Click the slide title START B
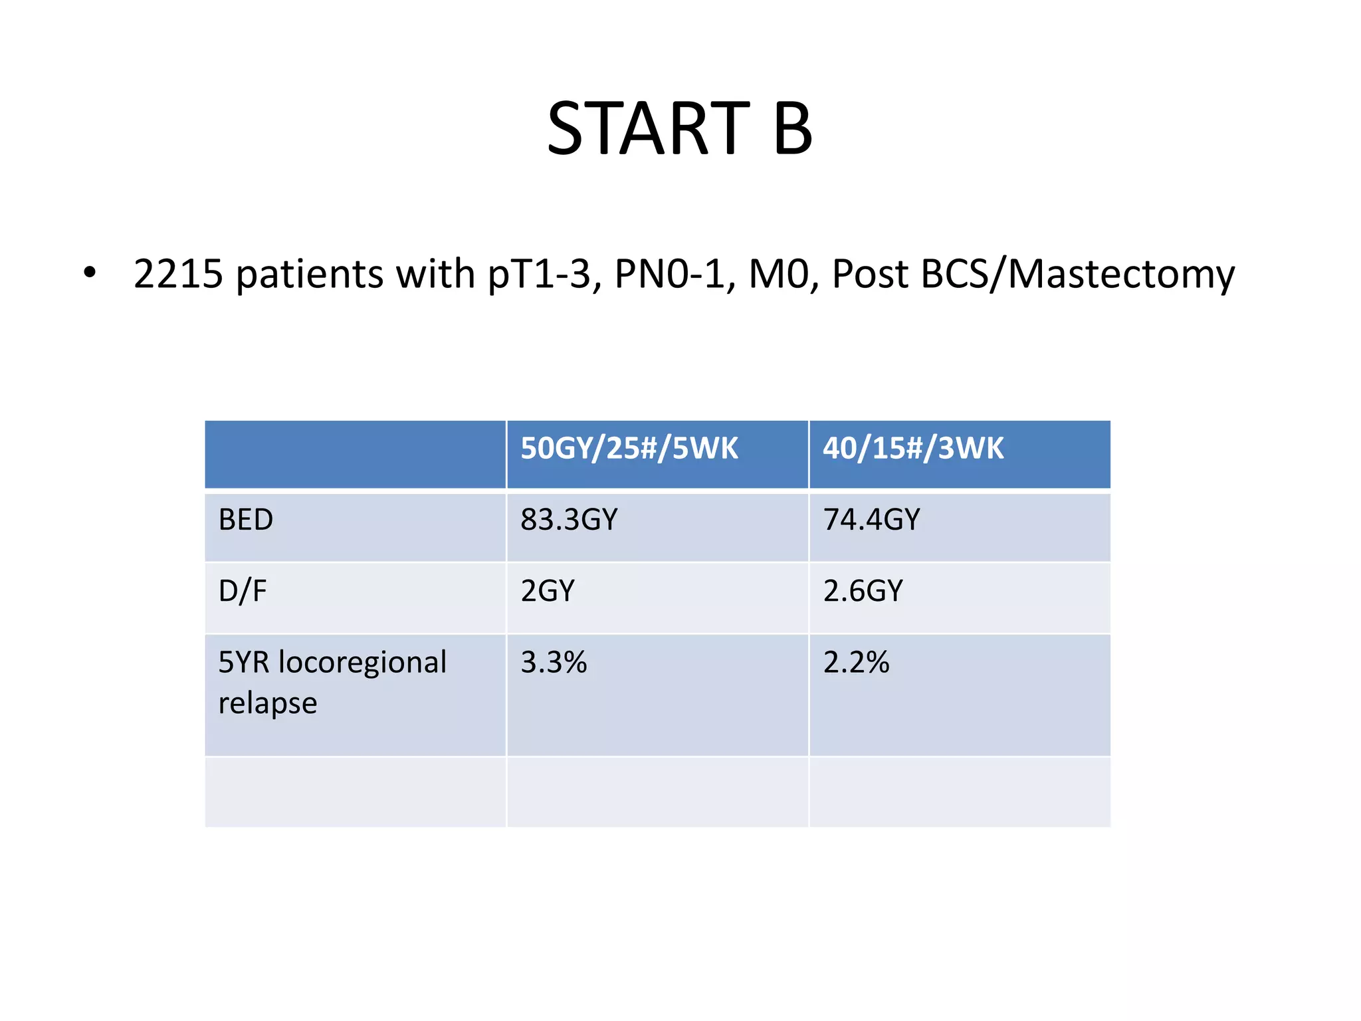[679, 128]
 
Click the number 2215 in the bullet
[177, 274]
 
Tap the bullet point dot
[90, 273]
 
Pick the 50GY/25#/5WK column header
[629, 449]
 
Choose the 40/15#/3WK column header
[913, 449]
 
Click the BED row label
[246, 520]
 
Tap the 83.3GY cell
[569, 520]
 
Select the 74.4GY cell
[871, 520]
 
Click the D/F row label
[243, 591]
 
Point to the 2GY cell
[548, 591]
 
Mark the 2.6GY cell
[863, 591]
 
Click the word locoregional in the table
[362, 663]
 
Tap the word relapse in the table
[268, 703]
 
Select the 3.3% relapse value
[554, 663]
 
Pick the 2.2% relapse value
[856, 663]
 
